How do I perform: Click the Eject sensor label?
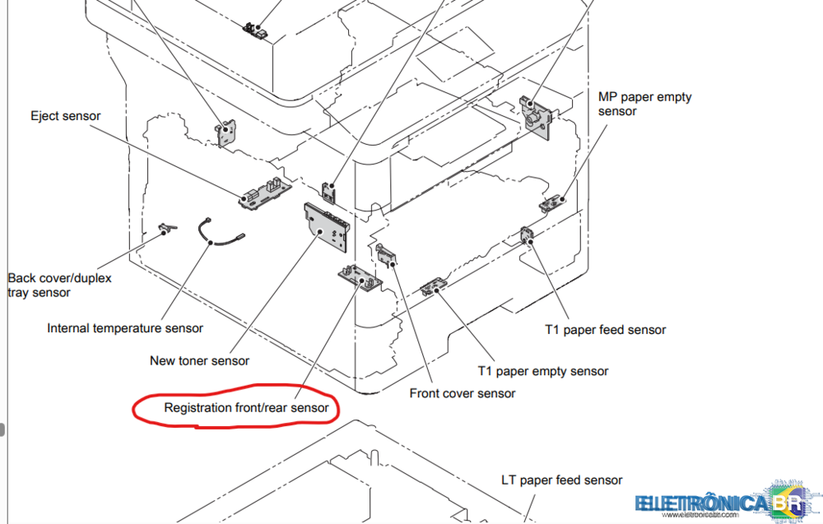(x=66, y=116)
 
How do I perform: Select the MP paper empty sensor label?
(x=644, y=104)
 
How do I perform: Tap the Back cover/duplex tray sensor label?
(x=59, y=285)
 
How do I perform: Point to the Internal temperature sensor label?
(x=125, y=328)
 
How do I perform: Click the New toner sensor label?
(x=199, y=360)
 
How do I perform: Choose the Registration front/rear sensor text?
(x=246, y=407)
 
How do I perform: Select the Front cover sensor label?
(x=463, y=393)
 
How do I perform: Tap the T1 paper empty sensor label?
(x=543, y=371)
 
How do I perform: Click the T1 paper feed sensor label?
(x=605, y=330)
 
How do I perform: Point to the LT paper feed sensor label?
(x=562, y=480)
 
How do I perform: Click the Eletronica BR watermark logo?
(x=724, y=503)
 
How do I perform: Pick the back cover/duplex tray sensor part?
(x=167, y=228)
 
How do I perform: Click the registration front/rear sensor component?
(x=360, y=277)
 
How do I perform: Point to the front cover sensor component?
(x=386, y=256)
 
